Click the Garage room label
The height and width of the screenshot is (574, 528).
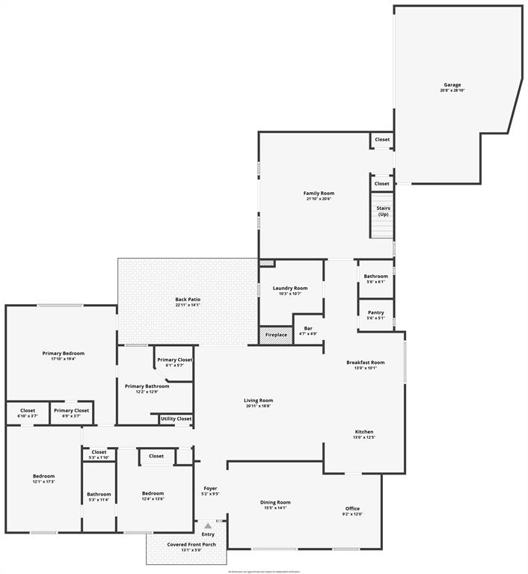pyautogui.click(x=452, y=84)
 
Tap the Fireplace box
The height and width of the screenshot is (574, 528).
pyautogui.click(x=276, y=335)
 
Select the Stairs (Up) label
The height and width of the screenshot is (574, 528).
pyautogui.click(x=383, y=211)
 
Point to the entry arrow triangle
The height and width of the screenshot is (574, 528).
pyautogui.click(x=208, y=526)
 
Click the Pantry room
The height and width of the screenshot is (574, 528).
pyautogui.click(x=376, y=315)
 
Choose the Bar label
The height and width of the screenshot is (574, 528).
pyautogui.click(x=308, y=328)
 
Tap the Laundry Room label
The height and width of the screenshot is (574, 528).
pyautogui.click(x=290, y=288)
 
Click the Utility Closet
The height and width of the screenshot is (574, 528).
pyautogui.click(x=176, y=419)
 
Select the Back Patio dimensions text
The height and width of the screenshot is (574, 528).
pyautogui.click(x=188, y=305)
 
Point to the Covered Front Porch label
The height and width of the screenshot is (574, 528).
pyautogui.click(x=191, y=544)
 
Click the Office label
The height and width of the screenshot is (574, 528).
pyautogui.click(x=352, y=508)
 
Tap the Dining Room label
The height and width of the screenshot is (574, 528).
pyautogui.click(x=275, y=502)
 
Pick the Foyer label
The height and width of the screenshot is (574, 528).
pyautogui.click(x=210, y=488)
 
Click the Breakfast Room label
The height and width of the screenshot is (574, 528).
pyautogui.click(x=366, y=362)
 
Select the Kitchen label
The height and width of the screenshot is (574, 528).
pyautogui.click(x=364, y=432)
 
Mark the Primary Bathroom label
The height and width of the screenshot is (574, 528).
pyautogui.click(x=141, y=386)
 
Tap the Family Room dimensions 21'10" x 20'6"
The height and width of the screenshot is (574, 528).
pyautogui.click(x=319, y=199)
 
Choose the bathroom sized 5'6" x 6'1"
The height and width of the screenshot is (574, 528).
pyautogui.click(x=376, y=279)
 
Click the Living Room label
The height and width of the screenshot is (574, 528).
pyautogui.click(x=258, y=400)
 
